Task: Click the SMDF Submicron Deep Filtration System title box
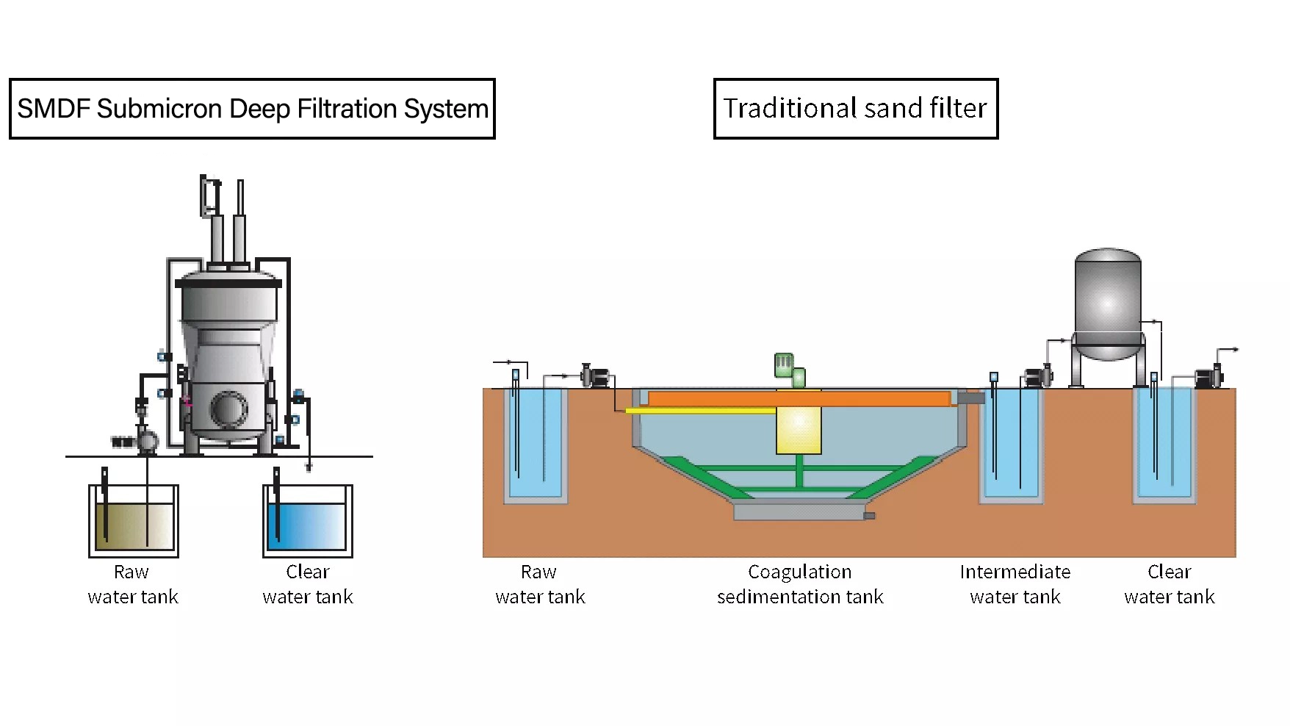coord(252,109)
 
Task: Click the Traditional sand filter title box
coord(855,109)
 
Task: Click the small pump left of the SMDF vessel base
coord(145,442)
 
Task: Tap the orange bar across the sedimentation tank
coord(799,399)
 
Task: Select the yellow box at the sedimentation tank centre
coord(799,430)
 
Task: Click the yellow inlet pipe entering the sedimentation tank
coord(698,411)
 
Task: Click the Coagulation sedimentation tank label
coord(800,584)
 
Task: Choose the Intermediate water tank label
coord(1015,584)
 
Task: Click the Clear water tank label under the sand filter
coord(1169,584)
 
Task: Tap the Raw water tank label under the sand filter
coord(540,584)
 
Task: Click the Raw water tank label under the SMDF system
coord(132,584)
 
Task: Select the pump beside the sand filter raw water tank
coord(597,377)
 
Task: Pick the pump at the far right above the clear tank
coord(1208,378)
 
